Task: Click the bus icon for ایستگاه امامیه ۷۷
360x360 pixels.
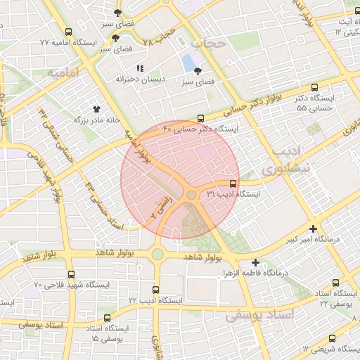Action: coord(68,32)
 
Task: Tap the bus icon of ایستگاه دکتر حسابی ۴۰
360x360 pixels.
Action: coord(201,118)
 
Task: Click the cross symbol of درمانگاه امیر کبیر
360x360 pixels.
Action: coord(313,229)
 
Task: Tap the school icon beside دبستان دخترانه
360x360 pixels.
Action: coord(140,69)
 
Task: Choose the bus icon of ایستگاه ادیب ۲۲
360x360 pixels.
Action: coord(155,289)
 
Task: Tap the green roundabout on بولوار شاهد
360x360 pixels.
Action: coord(157,254)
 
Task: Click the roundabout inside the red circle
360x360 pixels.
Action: coord(191,195)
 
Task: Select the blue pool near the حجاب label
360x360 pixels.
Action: coord(188,63)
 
